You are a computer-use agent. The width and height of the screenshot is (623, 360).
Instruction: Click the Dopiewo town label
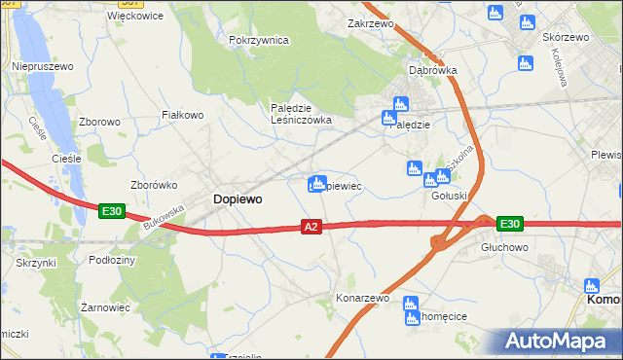238,198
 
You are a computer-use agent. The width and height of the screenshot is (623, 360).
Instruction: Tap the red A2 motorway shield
311,227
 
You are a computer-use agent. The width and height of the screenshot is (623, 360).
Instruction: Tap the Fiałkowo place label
182,115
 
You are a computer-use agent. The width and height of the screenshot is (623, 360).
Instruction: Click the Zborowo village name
99,122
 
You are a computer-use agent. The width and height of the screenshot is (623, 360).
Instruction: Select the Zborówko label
153,184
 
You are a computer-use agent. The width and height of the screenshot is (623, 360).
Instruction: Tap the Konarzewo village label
362,299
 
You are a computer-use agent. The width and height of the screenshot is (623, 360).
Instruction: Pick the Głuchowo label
504,248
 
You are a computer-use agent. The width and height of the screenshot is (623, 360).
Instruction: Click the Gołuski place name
450,195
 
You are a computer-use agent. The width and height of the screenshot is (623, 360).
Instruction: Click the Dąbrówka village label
433,70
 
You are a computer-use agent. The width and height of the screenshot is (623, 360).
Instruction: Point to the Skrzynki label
36,263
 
